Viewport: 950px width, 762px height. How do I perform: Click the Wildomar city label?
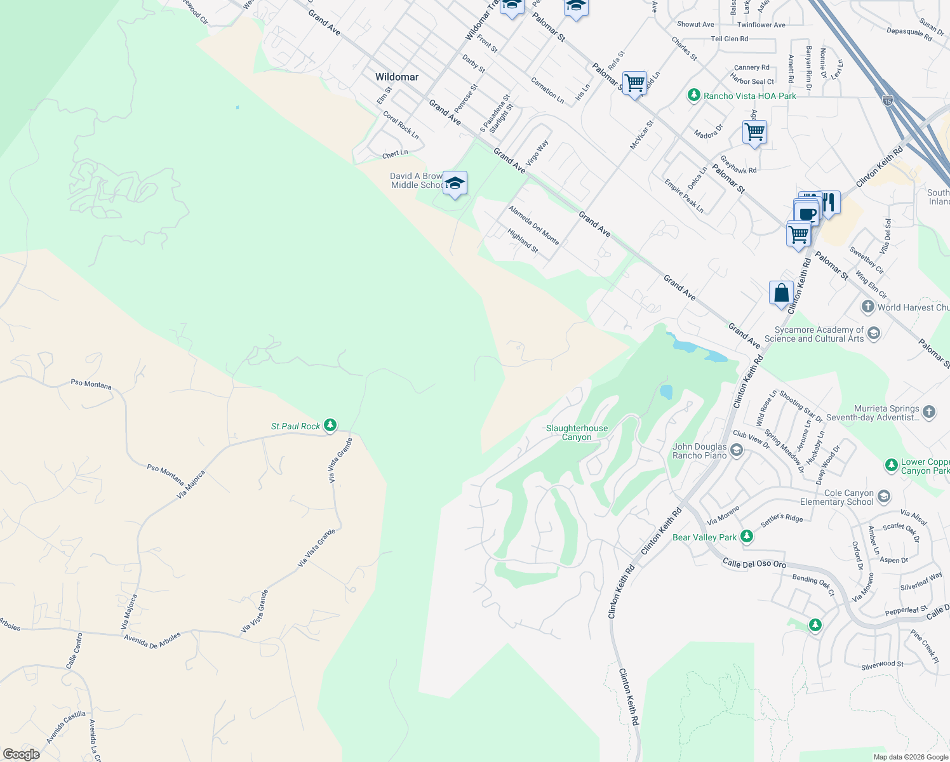tap(397, 77)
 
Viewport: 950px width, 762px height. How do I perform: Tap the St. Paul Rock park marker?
tap(330, 425)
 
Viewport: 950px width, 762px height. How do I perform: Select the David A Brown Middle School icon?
tap(455, 184)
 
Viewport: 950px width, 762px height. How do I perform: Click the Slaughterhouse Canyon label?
tap(577, 432)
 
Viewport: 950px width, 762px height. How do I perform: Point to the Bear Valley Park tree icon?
tap(747, 537)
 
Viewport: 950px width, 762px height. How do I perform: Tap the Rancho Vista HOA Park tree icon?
tap(694, 96)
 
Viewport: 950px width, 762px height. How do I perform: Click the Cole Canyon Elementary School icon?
tap(884, 497)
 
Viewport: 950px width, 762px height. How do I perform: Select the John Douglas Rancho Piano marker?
tap(737, 451)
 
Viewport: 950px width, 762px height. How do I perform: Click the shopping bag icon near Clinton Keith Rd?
tap(781, 293)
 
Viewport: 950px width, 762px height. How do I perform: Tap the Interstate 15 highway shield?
tap(888, 100)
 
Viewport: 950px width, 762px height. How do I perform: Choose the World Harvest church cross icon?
tap(867, 307)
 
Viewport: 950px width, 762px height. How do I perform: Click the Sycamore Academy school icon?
tap(874, 333)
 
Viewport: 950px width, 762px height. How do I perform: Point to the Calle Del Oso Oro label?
tap(754, 563)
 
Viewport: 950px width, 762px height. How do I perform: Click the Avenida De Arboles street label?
tap(152, 640)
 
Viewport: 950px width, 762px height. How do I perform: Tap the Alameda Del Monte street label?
tap(533, 225)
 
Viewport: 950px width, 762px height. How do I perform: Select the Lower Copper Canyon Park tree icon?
tap(892, 465)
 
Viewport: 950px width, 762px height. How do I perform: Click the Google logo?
tap(21, 754)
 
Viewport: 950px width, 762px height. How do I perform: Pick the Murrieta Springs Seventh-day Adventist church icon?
tap(928, 412)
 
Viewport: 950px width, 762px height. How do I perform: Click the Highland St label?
tap(523, 241)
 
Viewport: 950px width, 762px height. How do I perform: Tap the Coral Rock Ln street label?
tap(401, 125)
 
